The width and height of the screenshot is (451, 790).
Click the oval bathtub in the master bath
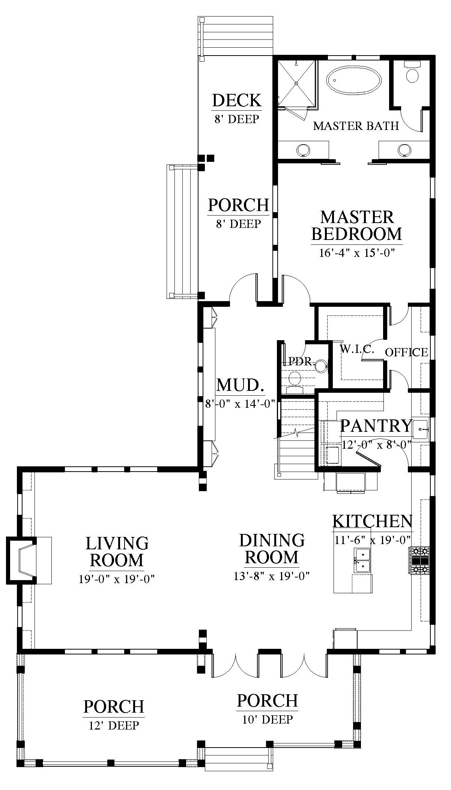tap(354, 80)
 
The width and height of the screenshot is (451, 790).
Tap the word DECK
tap(237, 101)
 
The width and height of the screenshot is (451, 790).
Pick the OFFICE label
tap(406, 352)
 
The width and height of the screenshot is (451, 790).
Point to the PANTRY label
tap(376, 425)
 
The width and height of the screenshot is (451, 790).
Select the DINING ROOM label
tap(272, 549)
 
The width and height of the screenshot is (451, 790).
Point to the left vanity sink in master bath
tap(303, 150)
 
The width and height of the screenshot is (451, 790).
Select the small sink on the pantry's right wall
tap(421, 429)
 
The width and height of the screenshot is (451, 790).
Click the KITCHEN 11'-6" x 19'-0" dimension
tap(372, 540)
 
